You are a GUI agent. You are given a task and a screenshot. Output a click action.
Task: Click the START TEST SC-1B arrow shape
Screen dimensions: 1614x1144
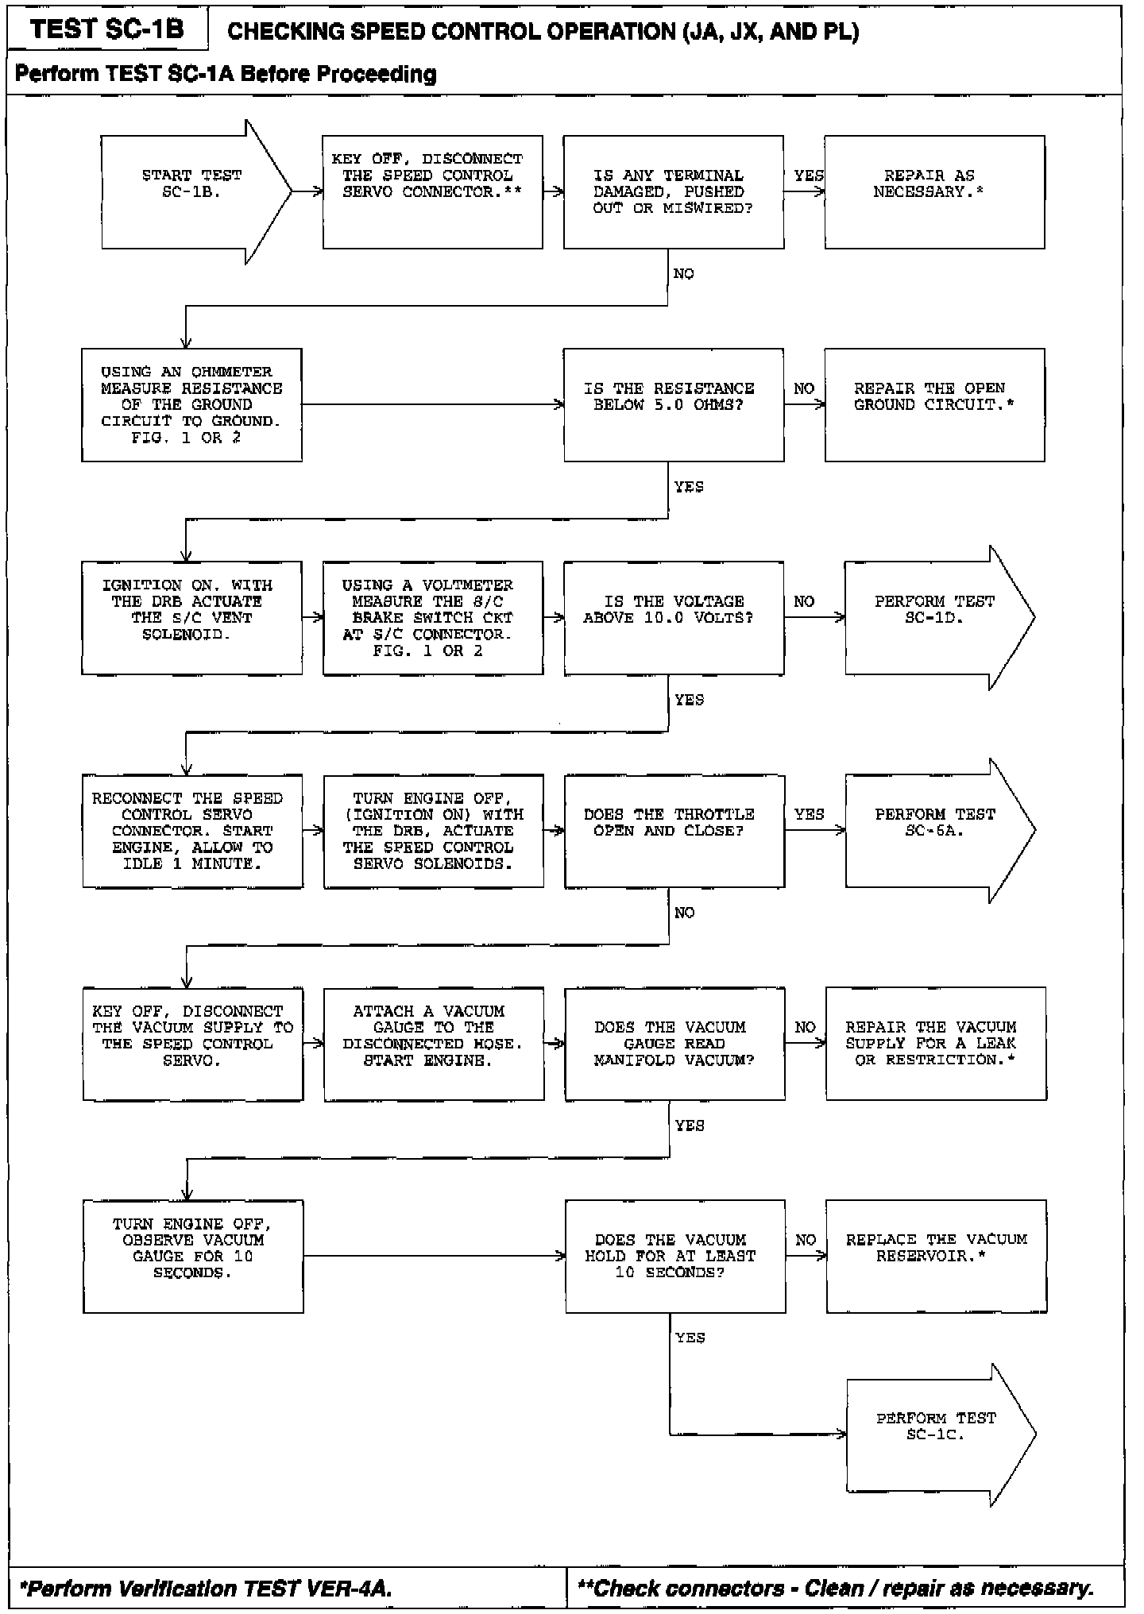click(x=191, y=192)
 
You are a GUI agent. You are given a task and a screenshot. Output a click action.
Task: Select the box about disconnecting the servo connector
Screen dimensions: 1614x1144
click(x=432, y=192)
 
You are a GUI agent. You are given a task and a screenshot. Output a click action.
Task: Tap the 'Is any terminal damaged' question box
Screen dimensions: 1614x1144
click(x=673, y=192)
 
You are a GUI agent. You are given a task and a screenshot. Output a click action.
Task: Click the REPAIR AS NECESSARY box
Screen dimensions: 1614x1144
click(x=933, y=192)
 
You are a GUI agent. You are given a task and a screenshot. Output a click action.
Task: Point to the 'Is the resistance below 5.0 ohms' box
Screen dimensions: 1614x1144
click(x=673, y=404)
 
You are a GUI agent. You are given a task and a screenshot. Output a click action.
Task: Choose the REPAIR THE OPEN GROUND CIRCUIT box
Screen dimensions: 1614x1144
click(x=933, y=404)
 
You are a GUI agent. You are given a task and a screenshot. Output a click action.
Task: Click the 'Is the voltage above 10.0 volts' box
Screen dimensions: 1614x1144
click(x=673, y=618)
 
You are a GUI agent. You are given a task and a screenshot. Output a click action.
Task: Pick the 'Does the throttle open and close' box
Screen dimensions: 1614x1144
click(x=674, y=831)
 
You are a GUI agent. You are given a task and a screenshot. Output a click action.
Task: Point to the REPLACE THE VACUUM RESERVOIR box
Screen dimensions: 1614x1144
click(x=936, y=1256)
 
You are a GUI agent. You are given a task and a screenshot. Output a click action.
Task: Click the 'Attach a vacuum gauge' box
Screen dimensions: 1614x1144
click(x=434, y=1044)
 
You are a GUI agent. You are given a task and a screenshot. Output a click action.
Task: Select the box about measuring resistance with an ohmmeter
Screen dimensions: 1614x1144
click(x=191, y=404)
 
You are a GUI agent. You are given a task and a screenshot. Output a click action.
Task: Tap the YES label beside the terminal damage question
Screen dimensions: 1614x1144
click(x=808, y=176)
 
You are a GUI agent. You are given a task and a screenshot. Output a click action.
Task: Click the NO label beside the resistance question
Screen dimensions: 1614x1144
click(x=803, y=388)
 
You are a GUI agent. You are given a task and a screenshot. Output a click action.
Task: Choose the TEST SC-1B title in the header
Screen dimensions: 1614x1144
click(x=107, y=29)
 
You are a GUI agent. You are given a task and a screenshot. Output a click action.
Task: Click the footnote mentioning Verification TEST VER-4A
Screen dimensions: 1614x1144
click(x=207, y=1588)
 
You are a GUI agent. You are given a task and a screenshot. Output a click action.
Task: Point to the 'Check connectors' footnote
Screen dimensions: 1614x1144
click(x=835, y=1588)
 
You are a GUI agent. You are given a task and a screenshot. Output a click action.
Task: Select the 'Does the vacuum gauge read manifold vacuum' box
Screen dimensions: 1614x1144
click(x=674, y=1044)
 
